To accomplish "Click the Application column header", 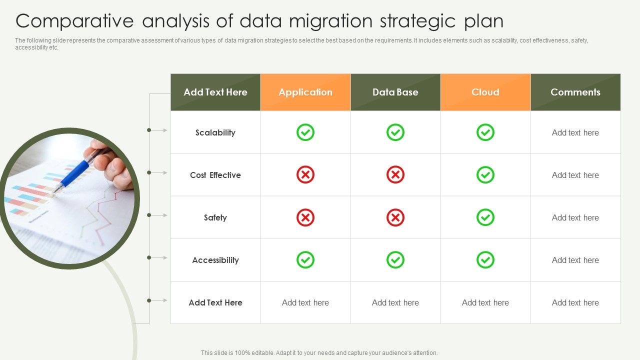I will pyautogui.click(x=305, y=92).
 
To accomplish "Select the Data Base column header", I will pyautogui.click(x=395, y=92).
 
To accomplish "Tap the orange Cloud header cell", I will pyautogui.click(x=485, y=92).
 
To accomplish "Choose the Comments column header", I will pyautogui.click(x=575, y=92).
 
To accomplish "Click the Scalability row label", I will pyautogui.click(x=215, y=132).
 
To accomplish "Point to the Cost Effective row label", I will pyautogui.click(x=215, y=175).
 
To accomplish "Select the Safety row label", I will pyautogui.click(x=215, y=217).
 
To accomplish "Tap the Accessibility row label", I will pyautogui.click(x=215, y=260).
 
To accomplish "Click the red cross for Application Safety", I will pyautogui.click(x=305, y=217).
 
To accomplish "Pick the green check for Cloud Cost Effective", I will pyautogui.click(x=485, y=175).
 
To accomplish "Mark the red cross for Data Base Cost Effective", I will pyautogui.click(x=395, y=175).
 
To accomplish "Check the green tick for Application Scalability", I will pyautogui.click(x=305, y=132).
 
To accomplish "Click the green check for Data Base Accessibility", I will pyautogui.click(x=395, y=260).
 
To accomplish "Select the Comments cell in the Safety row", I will pyautogui.click(x=575, y=217).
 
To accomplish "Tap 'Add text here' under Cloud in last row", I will pyautogui.click(x=485, y=302).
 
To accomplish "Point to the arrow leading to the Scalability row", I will pyautogui.click(x=159, y=130).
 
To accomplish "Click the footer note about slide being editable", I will pyautogui.click(x=319, y=352).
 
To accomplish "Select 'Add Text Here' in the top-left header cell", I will pyautogui.click(x=215, y=92).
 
